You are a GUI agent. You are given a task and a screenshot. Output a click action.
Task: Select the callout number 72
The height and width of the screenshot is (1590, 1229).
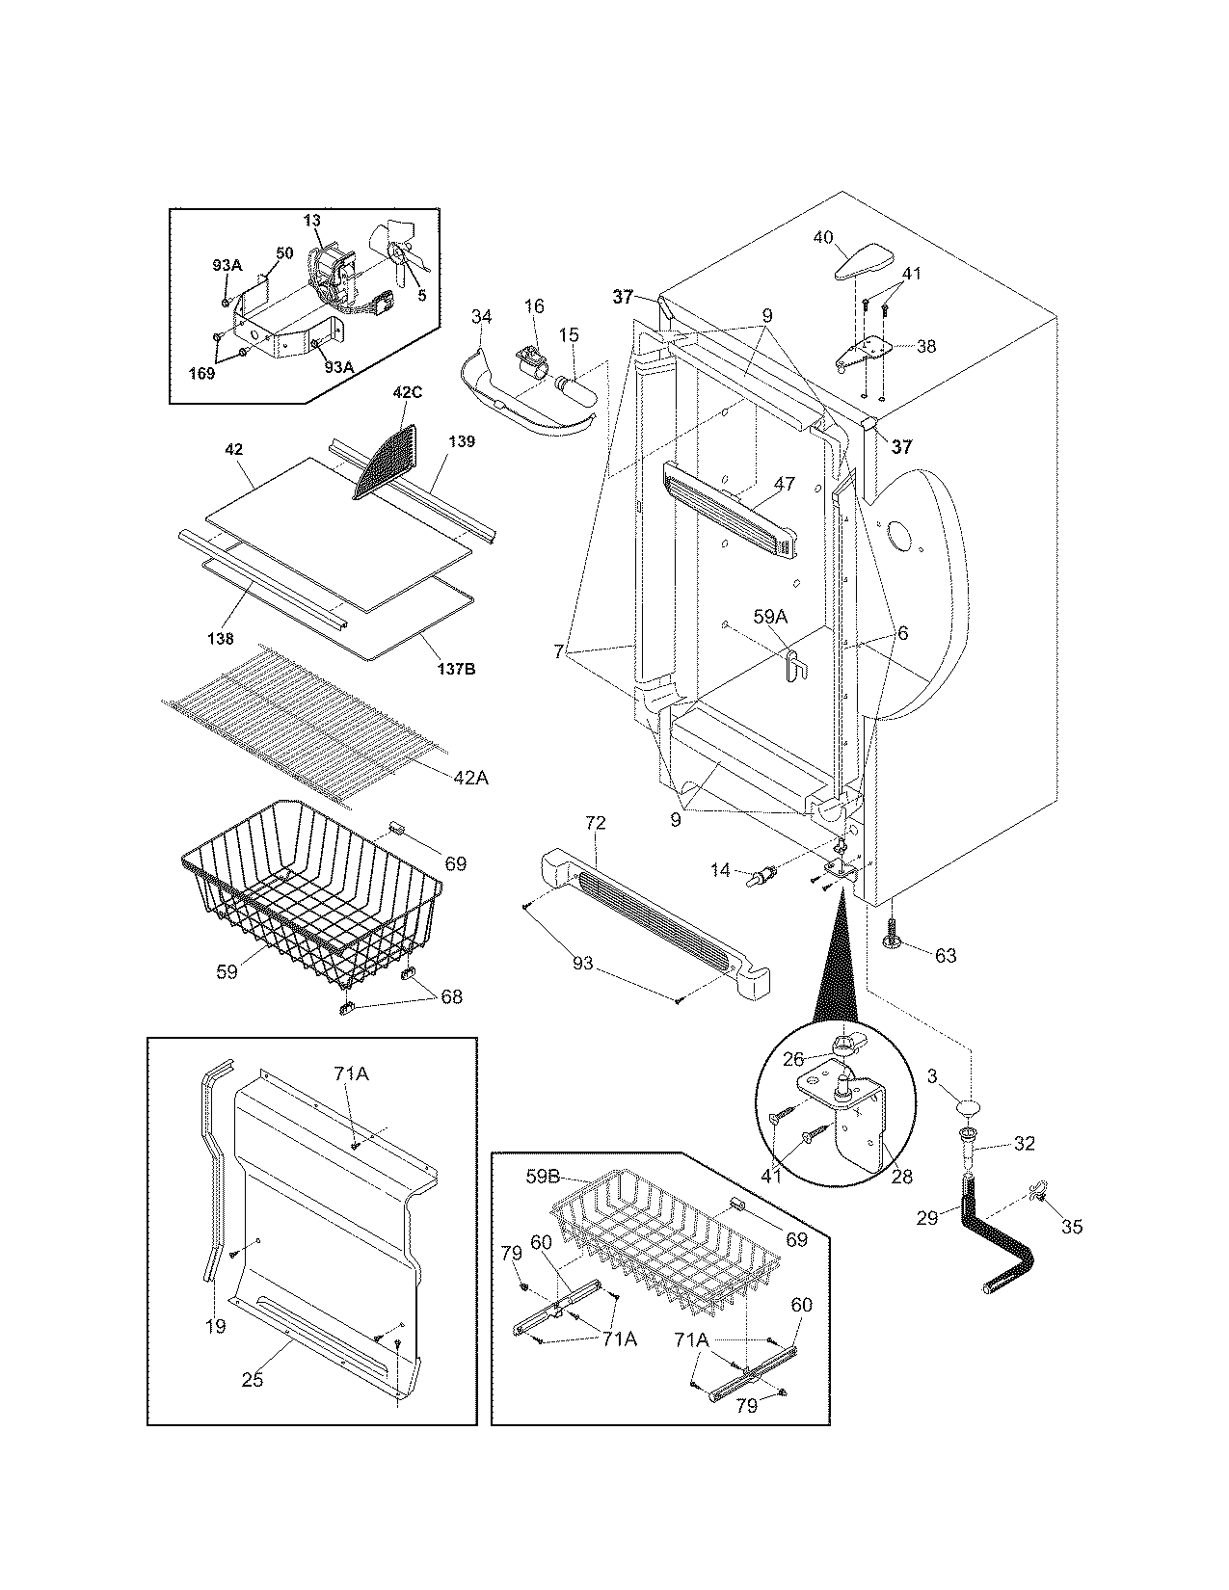(x=596, y=824)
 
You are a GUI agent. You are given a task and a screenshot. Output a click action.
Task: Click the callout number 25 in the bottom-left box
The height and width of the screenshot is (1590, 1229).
(x=252, y=1380)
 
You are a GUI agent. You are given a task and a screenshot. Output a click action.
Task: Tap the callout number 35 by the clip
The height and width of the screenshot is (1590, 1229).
(x=1071, y=1227)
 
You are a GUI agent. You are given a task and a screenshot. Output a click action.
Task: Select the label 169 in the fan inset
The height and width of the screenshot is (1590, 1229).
(x=201, y=373)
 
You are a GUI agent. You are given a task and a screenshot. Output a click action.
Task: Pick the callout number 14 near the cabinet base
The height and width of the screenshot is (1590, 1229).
(x=720, y=870)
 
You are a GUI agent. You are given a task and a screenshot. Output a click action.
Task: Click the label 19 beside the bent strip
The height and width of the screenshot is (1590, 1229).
(x=215, y=1326)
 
